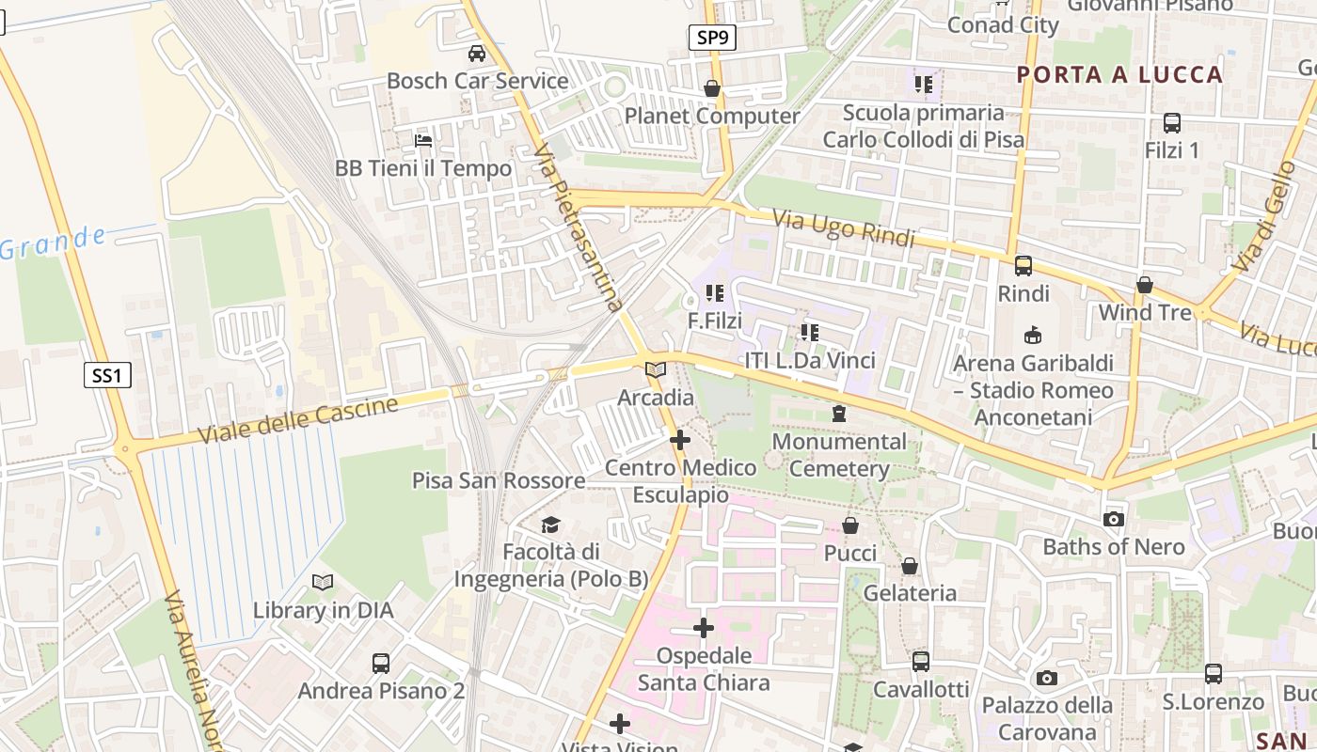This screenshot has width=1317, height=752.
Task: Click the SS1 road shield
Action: pyautogui.click(x=106, y=376)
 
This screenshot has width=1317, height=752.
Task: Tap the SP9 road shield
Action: pyautogui.click(x=711, y=38)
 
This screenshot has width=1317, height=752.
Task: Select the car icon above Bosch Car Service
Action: pyautogui.click(x=477, y=54)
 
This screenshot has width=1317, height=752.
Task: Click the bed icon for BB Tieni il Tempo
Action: pyautogui.click(x=423, y=141)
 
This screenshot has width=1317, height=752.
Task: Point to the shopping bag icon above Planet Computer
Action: pyautogui.click(x=712, y=88)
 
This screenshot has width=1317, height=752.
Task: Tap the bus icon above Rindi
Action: pyautogui.click(x=1023, y=266)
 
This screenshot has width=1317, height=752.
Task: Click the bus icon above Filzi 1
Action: pyautogui.click(x=1172, y=122)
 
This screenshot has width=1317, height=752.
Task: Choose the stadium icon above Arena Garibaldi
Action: pyautogui.click(x=1033, y=335)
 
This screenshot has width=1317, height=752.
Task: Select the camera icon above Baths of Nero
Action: pyautogui.click(x=1114, y=519)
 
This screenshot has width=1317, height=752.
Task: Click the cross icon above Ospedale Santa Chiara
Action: pyautogui.click(x=704, y=628)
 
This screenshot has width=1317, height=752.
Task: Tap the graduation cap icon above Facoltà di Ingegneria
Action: pyautogui.click(x=550, y=524)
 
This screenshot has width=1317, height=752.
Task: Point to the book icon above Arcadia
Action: pyautogui.click(x=656, y=370)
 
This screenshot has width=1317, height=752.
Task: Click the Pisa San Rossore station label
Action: pyautogui.click(x=499, y=480)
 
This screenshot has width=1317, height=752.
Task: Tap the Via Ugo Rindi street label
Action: pyautogui.click(x=844, y=228)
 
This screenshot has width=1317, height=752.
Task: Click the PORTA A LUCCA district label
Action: pyautogui.click(x=1119, y=75)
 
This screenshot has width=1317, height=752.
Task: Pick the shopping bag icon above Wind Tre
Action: pyautogui.click(x=1145, y=284)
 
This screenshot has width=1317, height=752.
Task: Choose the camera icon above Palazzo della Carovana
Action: pyautogui.click(x=1046, y=678)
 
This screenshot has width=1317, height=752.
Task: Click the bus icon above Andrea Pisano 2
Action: pyautogui.click(x=381, y=664)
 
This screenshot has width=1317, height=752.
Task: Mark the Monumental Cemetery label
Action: pyautogui.click(x=839, y=454)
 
